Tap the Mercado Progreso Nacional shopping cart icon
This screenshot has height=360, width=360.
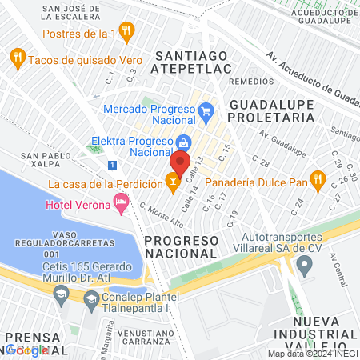pyautogui.click(x=206, y=109)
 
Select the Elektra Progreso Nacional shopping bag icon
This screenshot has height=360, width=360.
pyautogui.click(x=183, y=142)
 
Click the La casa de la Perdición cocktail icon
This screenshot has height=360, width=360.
pyautogui.click(x=172, y=183)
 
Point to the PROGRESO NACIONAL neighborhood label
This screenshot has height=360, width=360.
pyautogui.click(x=180, y=246)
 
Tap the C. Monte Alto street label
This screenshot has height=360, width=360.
pyautogui.click(x=158, y=214)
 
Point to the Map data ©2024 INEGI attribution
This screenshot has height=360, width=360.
pyautogui.click(x=312, y=354)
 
